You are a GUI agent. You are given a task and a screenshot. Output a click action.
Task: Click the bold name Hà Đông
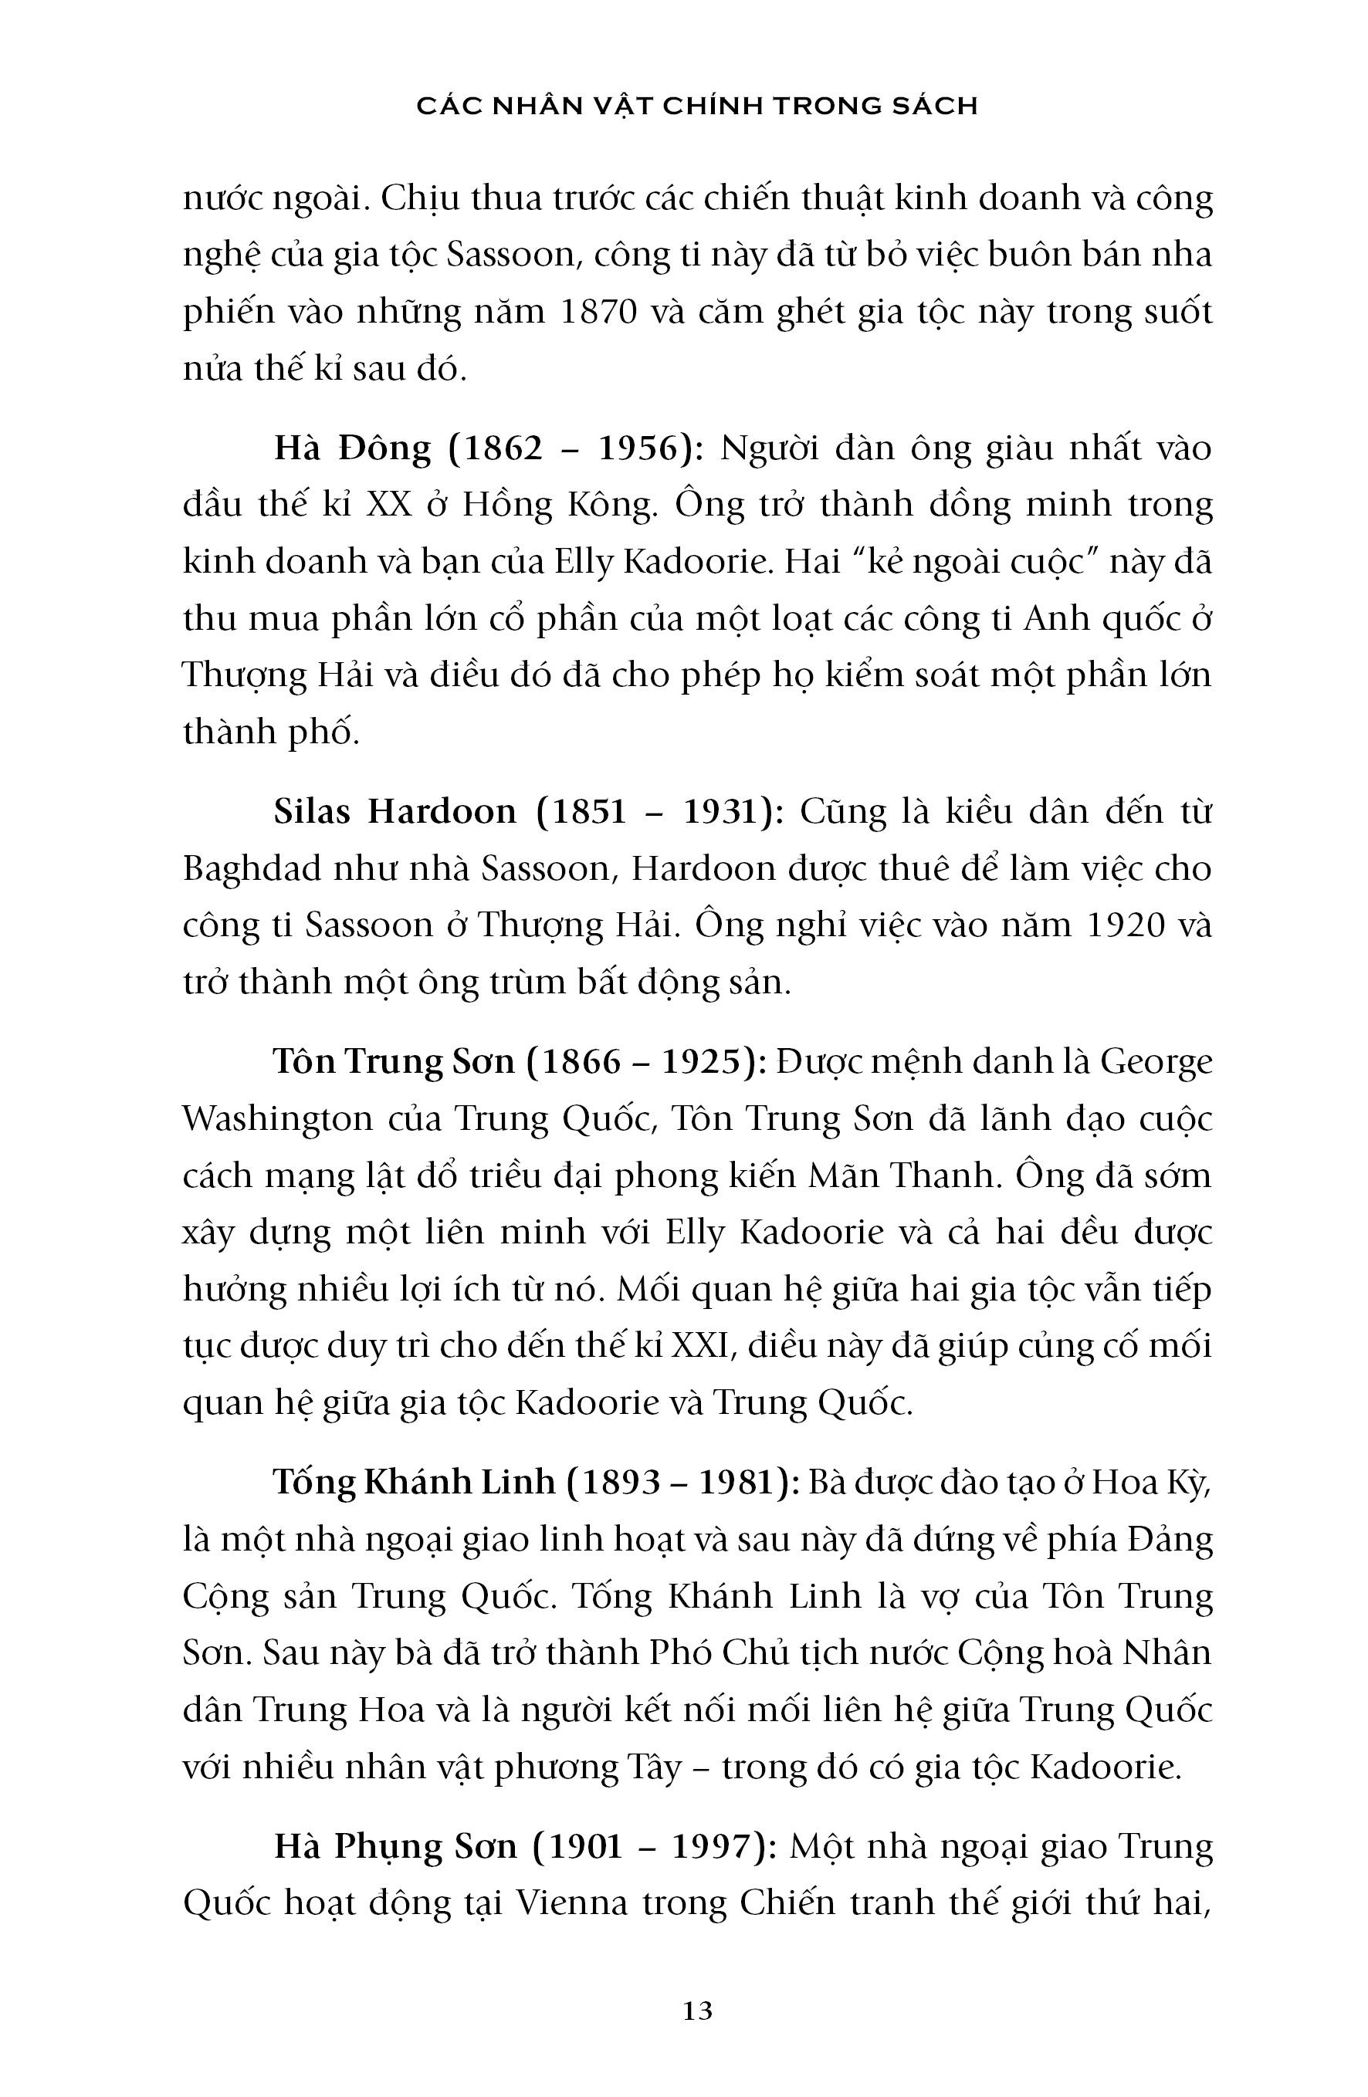[353, 448]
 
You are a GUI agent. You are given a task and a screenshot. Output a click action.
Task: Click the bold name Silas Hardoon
[395, 811]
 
